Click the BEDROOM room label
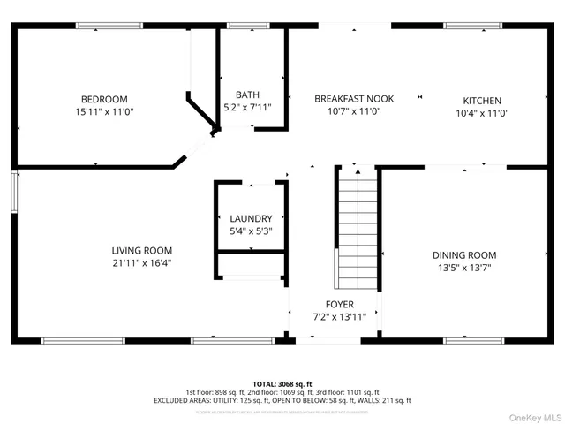click(104, 98)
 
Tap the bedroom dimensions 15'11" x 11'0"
click(104, 112)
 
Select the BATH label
click(247, 95)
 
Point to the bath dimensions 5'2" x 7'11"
click(247, 108)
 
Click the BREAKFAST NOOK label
click(354, 98)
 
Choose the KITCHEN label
click(482, 101)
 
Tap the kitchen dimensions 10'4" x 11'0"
click(482, 113)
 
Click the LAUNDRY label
click(252, 218)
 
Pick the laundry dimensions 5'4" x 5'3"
click(252, 231)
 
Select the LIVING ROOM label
click(141, 250)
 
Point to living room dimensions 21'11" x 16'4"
click(141, 262)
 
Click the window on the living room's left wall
click(13, 188)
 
